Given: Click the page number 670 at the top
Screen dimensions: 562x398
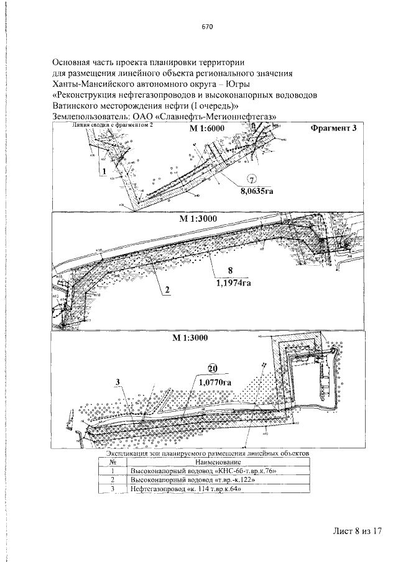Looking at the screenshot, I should [x=208, y=27].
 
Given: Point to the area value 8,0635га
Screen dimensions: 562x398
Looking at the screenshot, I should [x=257, y=191].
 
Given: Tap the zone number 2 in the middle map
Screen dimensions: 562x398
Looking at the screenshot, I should [x=167, y=290].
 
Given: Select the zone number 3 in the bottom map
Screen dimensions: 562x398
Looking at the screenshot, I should [x=117, y=382].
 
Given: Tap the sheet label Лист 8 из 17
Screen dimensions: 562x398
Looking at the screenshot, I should [x=356, y=531].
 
